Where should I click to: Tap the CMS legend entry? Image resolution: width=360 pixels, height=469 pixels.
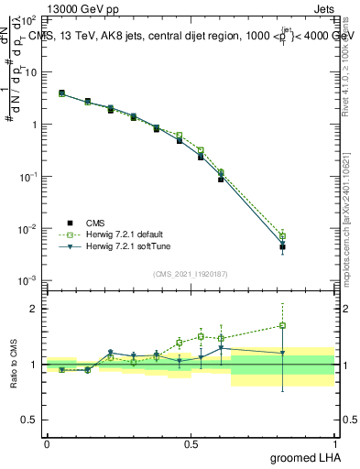(x=94, y=223)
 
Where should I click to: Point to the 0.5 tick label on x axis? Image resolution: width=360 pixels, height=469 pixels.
(x=191, y=442)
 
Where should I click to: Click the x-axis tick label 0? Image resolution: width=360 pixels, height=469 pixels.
(x=47, y=442)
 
